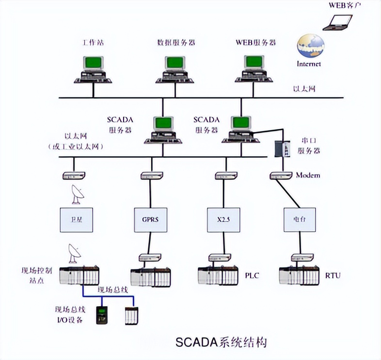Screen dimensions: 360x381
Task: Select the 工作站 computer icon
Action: tap(93, 69)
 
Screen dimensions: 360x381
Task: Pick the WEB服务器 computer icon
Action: tap(254, 69)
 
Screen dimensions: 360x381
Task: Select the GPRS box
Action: tap(150, 220)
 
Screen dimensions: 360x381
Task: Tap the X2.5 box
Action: tap(224, 220)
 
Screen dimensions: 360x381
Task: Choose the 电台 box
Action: tap(299, 220)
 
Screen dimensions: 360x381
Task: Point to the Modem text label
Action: tap(308, 175)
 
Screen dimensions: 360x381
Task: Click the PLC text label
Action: tap(252, 276)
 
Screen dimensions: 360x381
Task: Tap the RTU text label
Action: tap(333, 276)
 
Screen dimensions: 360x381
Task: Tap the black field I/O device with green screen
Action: tap(102, 314)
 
